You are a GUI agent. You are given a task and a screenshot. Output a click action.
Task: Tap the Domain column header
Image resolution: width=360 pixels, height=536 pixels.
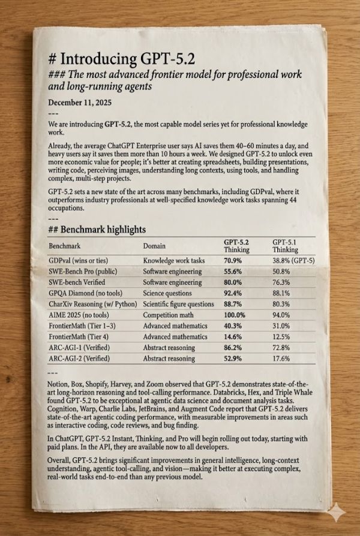tap(154, 246)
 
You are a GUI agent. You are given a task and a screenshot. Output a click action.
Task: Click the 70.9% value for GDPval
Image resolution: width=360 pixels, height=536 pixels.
tap(233, 261)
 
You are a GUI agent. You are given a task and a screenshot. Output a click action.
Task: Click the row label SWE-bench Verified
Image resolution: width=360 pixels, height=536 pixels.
tap(77, 282)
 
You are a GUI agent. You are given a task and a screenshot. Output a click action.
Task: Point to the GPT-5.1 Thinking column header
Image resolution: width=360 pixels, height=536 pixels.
tap(285, 246)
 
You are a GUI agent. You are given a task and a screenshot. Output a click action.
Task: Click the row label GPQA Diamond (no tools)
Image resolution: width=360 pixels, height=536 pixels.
tap(86, 293)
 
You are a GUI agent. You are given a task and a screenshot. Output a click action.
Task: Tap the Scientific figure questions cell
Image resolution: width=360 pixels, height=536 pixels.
tap(178, 304)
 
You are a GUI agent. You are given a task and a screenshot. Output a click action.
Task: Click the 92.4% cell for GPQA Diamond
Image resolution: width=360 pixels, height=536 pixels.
tap(233, 293)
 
